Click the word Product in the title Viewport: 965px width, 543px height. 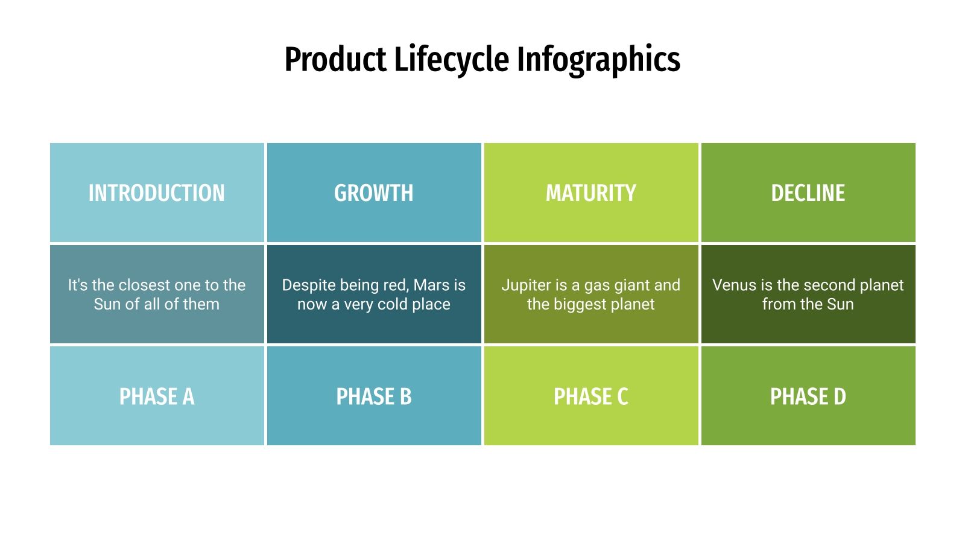coord(335,60)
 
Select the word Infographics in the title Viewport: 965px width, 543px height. coord(598,60)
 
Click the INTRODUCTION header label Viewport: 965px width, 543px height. coord(157,193)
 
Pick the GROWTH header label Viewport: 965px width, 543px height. coord(374,193)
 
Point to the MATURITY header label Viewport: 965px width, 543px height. coord(591,193)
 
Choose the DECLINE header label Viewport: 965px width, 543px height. coord(808,193)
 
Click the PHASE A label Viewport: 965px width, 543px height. coord(157,396)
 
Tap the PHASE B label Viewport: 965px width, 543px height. coord(374,396)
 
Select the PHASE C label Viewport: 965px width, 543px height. coord(591,396)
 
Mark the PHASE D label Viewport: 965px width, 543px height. coord(808,396)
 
